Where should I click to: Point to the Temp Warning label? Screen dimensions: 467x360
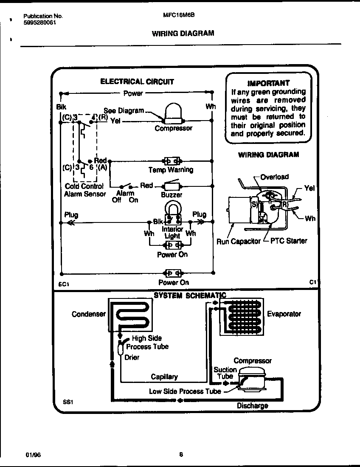[x=171, y=170]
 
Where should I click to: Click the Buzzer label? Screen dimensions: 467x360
[x=172, y=195]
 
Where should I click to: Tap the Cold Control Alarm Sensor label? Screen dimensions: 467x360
[x=84, y=190]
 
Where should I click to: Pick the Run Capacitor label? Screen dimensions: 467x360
[x=238, y=241]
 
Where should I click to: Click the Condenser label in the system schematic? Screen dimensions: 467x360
[x=88, y=314]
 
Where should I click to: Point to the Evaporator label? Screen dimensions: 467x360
[x=284, y=314]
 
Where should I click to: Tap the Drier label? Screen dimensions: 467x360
[x=132, y=357]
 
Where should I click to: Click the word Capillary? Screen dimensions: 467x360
[x=164, y=377]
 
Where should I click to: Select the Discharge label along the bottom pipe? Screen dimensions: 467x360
[x=252, y=405]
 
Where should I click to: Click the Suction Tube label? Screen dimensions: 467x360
[x=225, y=373]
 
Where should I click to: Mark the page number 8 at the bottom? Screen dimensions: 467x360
[x=181, y=454]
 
